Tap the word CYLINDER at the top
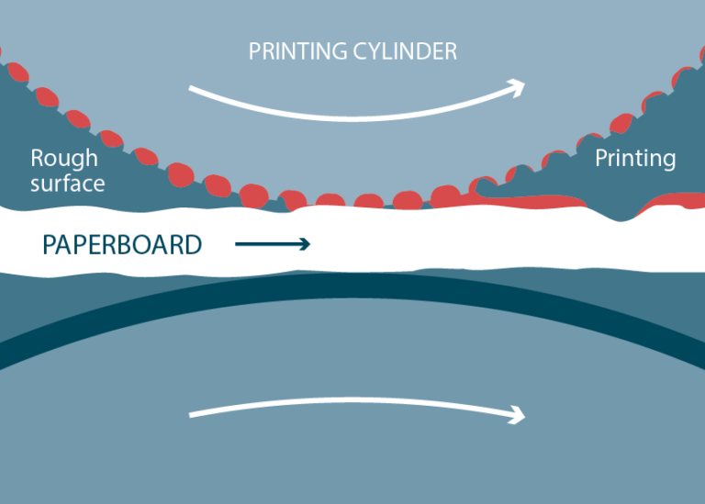(408, 51)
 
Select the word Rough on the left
(63, 158)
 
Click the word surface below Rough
(67, 183)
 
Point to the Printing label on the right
(635, 158)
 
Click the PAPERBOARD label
(122, 245)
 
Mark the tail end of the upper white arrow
(191, 89)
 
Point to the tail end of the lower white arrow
(191, 415)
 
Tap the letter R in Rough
(38, 158)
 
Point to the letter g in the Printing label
(667, 161)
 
